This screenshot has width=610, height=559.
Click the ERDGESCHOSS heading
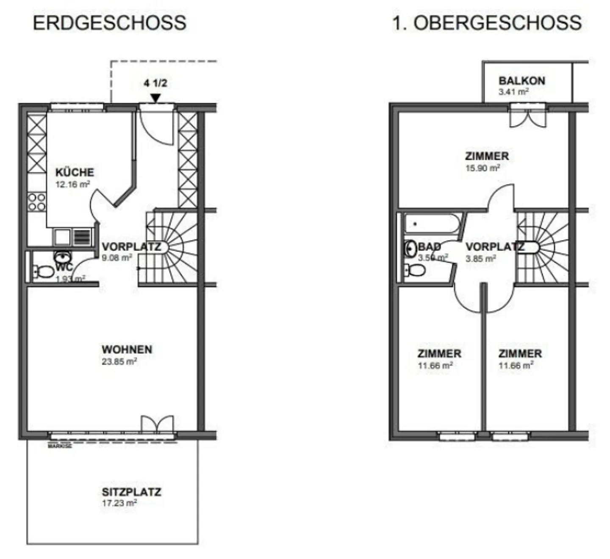(110, 23)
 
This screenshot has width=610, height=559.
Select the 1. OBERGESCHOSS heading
(487, 23)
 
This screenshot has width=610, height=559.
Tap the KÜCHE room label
(75, 172)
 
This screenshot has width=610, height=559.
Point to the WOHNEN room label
(127, 350)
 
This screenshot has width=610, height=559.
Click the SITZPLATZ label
(131, 492)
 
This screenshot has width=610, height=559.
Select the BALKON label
(521, 80)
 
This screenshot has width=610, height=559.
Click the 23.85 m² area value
(119, 362)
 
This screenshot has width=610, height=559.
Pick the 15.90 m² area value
(482, 168)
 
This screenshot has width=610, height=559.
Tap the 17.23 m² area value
(119, 503)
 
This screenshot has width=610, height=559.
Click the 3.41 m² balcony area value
(513, 92)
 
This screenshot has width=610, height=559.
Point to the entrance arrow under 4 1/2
(155, 98)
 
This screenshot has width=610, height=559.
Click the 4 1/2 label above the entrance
(155, 83)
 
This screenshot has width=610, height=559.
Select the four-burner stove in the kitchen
(37, 202)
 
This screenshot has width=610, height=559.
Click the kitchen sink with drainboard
(73, 237)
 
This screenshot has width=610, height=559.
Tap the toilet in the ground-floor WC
(43, 271)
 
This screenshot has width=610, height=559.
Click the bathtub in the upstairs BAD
(432, 223)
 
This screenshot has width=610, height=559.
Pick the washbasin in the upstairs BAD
(410, 249)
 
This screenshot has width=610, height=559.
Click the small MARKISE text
(60, 446)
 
